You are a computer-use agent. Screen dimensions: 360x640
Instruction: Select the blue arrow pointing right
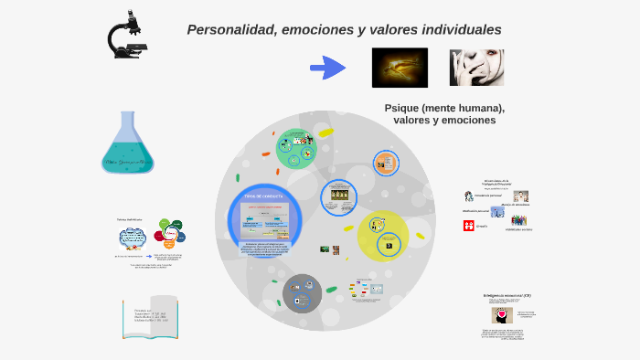327,68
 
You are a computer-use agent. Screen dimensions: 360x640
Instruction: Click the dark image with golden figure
400,67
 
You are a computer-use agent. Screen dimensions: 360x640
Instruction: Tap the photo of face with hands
476,68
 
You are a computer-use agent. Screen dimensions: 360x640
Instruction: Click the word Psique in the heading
404,108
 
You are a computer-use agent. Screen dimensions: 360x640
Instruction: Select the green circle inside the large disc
295,149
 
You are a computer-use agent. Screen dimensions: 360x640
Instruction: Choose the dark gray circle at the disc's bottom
302,293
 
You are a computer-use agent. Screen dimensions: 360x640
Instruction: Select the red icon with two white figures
468,226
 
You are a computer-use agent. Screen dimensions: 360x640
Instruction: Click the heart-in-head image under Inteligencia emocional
501,314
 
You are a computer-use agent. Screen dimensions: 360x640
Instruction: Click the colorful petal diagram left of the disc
170,235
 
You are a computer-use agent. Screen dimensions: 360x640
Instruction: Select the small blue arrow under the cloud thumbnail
149,259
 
